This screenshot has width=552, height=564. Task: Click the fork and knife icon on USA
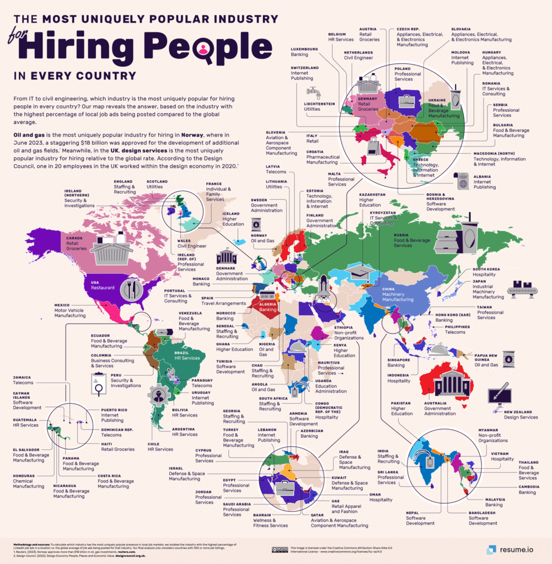[131, 289]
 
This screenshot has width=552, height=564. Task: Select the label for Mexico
[62, 305]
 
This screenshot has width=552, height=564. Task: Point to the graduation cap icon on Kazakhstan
[361, 272]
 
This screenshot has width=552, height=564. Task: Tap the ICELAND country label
[231, 213]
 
